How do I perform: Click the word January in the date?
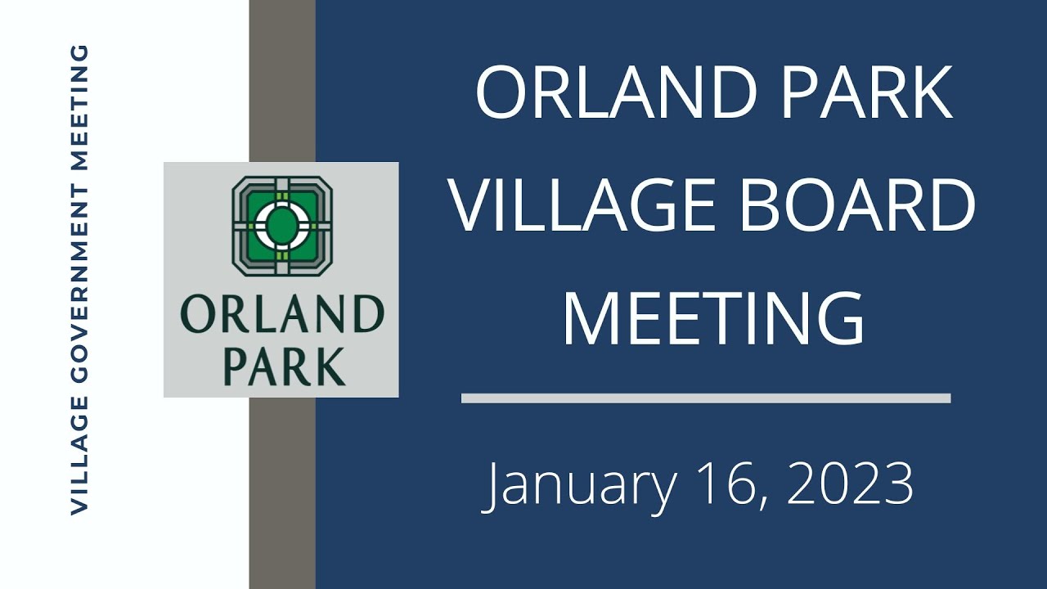581,485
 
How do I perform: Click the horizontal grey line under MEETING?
705,398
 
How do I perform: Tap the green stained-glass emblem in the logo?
282,226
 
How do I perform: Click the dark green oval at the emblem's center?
282,225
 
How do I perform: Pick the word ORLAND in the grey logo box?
282,315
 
